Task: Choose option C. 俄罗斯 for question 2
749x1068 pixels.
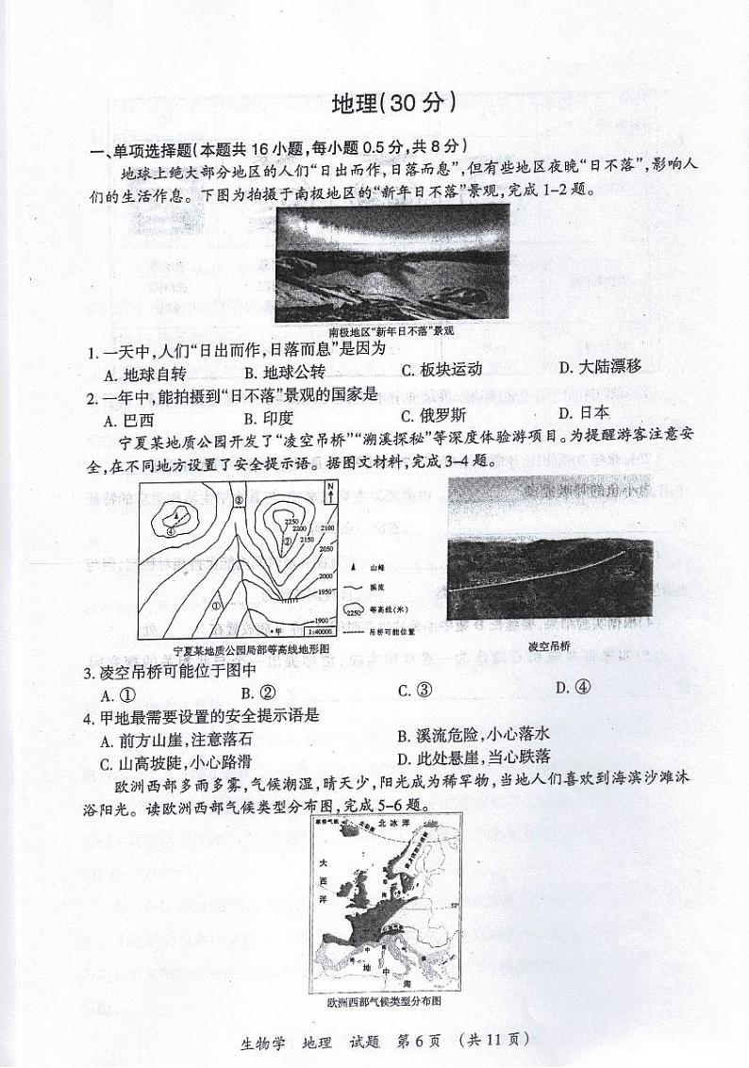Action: [x=433, y=415]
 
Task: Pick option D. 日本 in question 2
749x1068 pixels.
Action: [x=584, y=412]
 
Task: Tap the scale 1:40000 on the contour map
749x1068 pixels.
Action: [x=319, y=630]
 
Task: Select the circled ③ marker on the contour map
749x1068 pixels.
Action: [x=239, y=500]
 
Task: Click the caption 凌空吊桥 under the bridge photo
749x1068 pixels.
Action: [x=549, y=645]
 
